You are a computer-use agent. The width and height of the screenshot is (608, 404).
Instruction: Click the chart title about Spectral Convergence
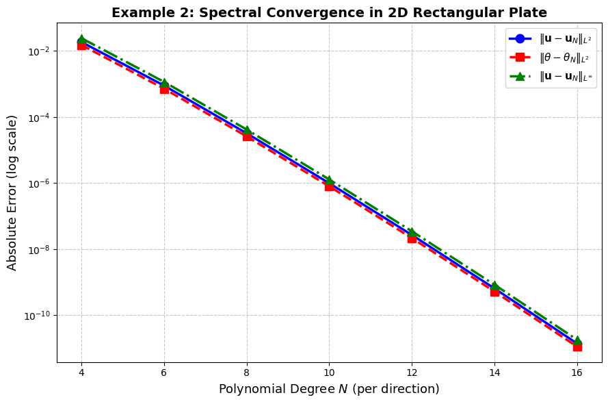(x=329, y=12)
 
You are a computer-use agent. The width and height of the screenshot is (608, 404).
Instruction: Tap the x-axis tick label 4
(x=81, y=373)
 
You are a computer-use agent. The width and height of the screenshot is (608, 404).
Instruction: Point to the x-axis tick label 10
(x=329, y=373)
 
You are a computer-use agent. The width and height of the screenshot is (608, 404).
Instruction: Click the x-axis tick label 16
(x=577, y=373)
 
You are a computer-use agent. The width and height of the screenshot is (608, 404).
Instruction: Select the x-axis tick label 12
(x=412, y=373)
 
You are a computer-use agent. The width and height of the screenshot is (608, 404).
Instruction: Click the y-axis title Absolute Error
(x=12, y=192)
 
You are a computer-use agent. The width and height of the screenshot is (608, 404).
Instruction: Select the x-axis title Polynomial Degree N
(x=329, y=389)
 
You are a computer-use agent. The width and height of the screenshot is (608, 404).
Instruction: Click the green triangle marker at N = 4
(x=81, y=40)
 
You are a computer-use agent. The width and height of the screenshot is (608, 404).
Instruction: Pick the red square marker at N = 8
(x=247, y=136)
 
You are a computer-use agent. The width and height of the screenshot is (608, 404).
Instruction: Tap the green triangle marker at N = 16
(x=577, y=340)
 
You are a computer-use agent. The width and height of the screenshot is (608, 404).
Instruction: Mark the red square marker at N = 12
(x=412, y=238)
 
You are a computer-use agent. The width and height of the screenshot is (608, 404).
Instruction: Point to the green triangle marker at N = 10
(x=329, y=180)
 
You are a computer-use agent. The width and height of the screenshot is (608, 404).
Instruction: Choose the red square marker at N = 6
(x=164, y=89)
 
